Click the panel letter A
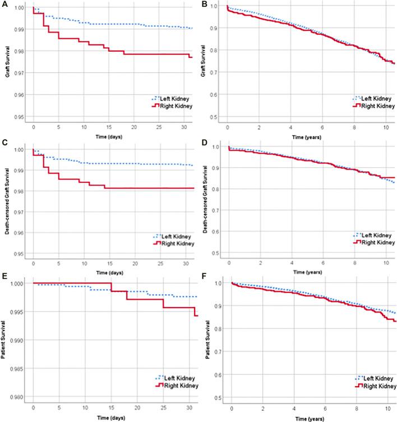click(5, 6)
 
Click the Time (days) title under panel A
click(109, 136)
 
